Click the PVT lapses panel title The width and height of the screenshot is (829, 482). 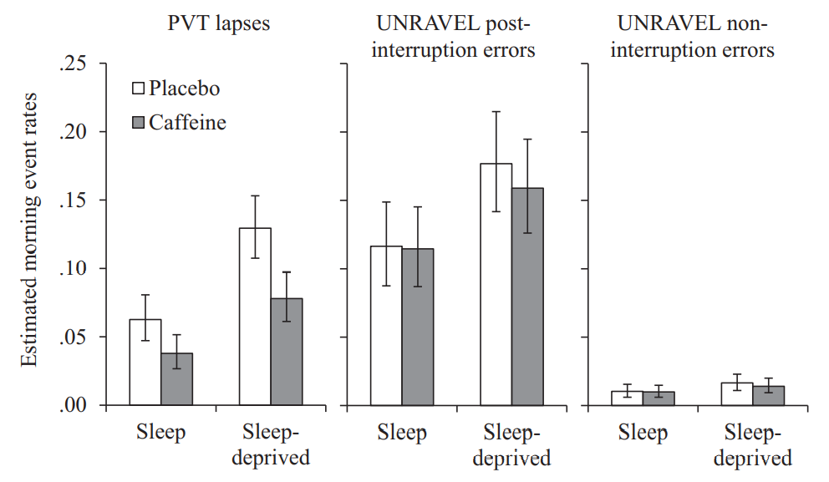[219, 23]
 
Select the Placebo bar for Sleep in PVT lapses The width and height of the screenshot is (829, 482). [145, 363]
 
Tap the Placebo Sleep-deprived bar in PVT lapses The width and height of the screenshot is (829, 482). [255, 317]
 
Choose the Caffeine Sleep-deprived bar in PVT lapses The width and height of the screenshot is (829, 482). [287, 352]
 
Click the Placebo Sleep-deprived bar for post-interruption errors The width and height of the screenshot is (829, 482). [496, 285]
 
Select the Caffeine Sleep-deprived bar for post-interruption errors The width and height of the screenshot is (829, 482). [528, 297]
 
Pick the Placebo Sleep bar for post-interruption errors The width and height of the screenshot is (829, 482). [387, 326]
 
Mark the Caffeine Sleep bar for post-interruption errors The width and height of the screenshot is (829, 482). [419, 327]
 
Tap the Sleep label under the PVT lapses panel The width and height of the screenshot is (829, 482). [160, 433]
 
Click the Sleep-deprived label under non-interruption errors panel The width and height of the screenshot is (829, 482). [757, 445]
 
